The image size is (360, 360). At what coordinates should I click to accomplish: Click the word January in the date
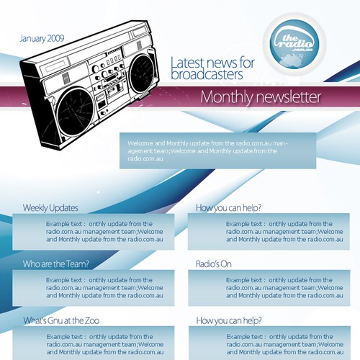point(33,37)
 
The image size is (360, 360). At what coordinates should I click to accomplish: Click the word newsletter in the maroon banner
point(287,97)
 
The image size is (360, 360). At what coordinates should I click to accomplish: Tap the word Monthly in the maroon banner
point(225,97)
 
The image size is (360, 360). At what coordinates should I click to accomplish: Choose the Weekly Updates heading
point(50,208)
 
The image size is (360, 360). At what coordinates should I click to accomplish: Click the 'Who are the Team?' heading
point(55,264)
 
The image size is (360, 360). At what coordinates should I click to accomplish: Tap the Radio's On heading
point(214,264)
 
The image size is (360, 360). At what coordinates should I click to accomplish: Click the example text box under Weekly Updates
point(94,231)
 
